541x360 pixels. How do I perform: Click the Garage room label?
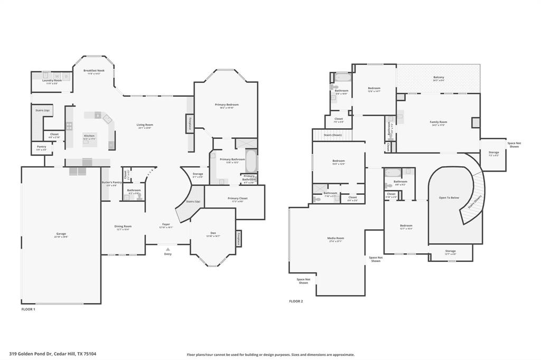[61, 234]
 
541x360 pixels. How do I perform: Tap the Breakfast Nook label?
[94, 70]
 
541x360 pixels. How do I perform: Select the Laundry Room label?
[52, 80]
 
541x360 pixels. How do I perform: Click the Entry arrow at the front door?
[168, 249]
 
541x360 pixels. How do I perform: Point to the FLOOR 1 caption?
[28, 309]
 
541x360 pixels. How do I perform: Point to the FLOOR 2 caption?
[296, 301]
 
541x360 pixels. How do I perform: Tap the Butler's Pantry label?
[111, 183]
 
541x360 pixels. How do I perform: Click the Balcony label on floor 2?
[439, 78]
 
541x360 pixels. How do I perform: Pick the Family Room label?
[438, 122]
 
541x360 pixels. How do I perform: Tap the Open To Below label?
[449, 198]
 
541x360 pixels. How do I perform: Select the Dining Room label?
[123, 226]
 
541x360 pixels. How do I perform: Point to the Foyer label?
[166, 224]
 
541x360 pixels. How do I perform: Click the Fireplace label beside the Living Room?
[190, 123]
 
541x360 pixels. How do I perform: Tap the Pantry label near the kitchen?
[41, 147]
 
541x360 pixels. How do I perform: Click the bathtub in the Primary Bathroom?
[251, 161]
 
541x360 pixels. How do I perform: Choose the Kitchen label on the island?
[89, 136]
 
